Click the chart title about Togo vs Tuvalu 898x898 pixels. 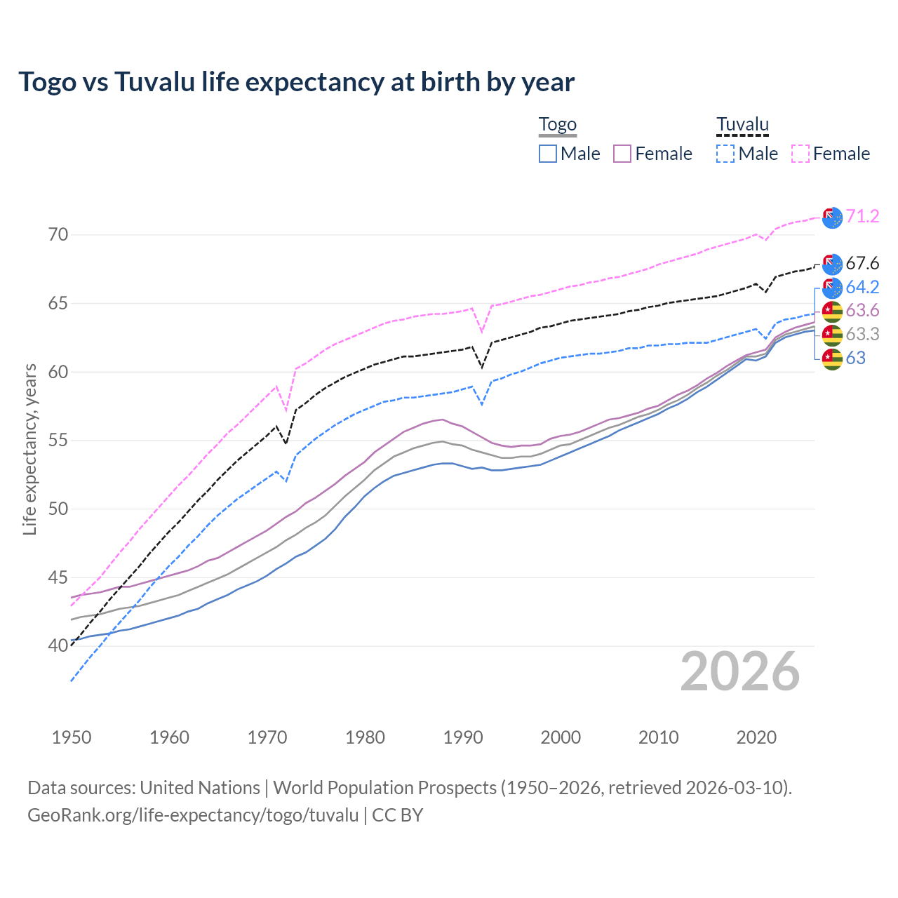click(x=296, y=82)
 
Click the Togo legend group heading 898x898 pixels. click(x=557, y=125)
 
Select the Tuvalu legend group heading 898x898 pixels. click(x=742, y=125)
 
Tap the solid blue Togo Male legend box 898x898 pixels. click(x=548, y=154)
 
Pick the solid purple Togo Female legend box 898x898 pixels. click(x=622, y=154)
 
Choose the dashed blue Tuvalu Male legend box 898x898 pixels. click(x=725, y=154)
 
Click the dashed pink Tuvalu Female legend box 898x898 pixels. click(x=800, y=154)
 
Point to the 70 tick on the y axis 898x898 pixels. click(x=58, y=235)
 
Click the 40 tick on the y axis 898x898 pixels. click(x=58, y=646)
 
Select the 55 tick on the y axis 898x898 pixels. click(x=58, y=441)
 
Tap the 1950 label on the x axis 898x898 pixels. click(x=72, y=737)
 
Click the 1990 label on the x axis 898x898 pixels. click(x=463, y=737)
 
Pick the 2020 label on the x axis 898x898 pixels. click(x=756, y=737)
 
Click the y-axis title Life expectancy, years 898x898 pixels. click(x=30, y=449)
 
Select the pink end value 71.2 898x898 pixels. click(x=862, y=216)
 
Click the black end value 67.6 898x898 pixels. click(x=862, y=263)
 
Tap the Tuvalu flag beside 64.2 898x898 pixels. click(x=832, y=288)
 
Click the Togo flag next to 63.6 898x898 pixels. click(x=832, y=311)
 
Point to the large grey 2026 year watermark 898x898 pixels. click(x=740, y=671)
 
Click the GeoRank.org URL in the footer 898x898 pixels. click(x=193, y=815)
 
